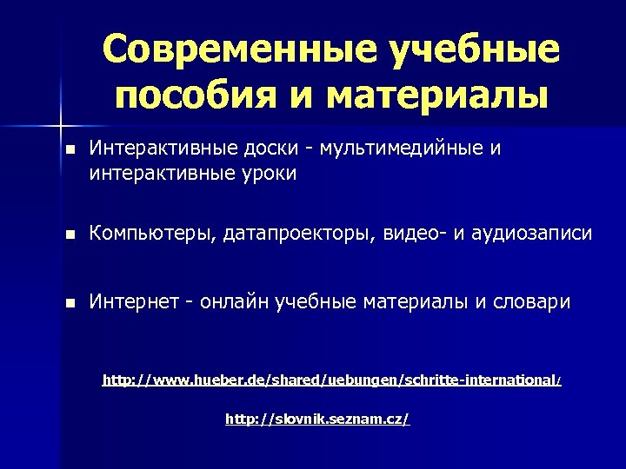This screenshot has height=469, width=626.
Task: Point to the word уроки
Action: point(269,175)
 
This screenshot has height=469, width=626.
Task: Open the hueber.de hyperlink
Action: point(331,380)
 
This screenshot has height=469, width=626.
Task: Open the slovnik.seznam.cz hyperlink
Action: point(317,419)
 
